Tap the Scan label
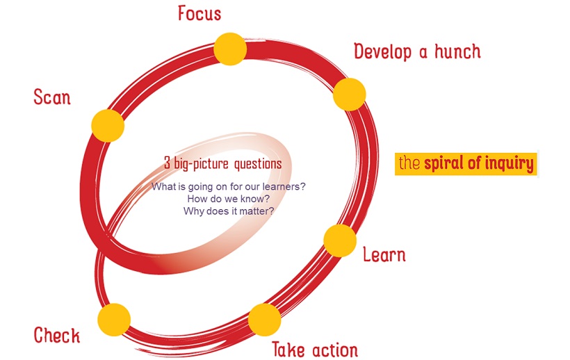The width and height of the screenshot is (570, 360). point(52,97)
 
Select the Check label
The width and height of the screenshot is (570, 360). point(57,336)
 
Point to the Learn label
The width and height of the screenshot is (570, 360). point(384,254)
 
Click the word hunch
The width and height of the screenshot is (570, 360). point(456,51)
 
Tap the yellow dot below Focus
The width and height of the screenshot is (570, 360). point(230,48)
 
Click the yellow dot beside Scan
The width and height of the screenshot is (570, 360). point(108,126)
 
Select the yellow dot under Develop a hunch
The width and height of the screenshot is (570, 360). point(349,94)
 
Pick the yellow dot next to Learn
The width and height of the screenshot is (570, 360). point(341,240)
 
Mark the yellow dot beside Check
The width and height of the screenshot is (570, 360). point(114,319)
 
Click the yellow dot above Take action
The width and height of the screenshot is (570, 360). point(264,320)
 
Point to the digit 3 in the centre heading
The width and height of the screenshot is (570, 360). point(167,164)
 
